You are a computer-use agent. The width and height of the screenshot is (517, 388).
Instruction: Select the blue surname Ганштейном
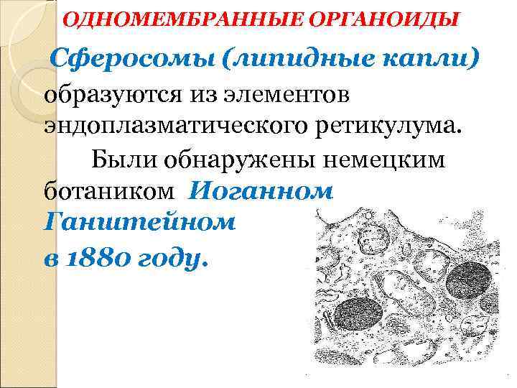pyautogui.click(x=139, y=223)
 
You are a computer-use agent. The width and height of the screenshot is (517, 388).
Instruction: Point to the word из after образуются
pyautogui.click(x=208, y=95)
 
